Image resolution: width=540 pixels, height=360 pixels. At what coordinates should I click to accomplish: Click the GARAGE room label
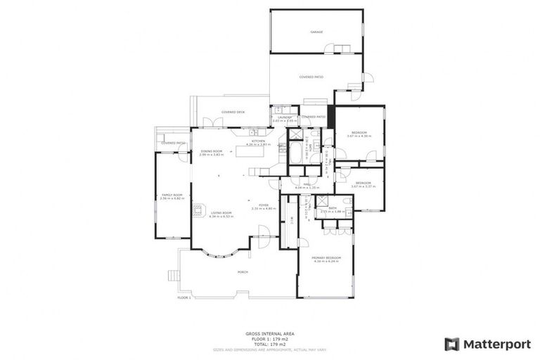click(316, 32)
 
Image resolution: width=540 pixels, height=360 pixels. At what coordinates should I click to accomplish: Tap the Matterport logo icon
click(452, 344)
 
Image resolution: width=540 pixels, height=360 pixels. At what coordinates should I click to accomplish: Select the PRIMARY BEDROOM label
click(323, 259)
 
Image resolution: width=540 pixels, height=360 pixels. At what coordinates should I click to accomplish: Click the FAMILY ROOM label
click(172, 195)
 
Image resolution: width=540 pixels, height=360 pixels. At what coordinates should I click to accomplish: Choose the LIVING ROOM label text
click(221, 214)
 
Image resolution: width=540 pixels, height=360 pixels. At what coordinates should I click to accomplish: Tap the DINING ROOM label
click(212, 152)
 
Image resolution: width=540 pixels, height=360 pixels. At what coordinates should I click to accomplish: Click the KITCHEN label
click(258, 141)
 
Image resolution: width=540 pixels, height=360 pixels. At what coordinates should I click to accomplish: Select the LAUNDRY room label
click(284, 117)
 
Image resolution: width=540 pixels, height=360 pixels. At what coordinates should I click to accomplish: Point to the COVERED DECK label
click(233, 112)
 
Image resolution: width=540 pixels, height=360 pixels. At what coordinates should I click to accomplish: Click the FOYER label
click(264, 205)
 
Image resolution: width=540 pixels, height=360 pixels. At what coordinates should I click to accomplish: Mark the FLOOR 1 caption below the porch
click(184, 297)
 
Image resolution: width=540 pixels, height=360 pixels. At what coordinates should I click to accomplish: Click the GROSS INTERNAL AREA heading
click(269, 333)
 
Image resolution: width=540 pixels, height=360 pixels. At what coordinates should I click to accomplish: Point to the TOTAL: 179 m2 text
click(269, 343)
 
